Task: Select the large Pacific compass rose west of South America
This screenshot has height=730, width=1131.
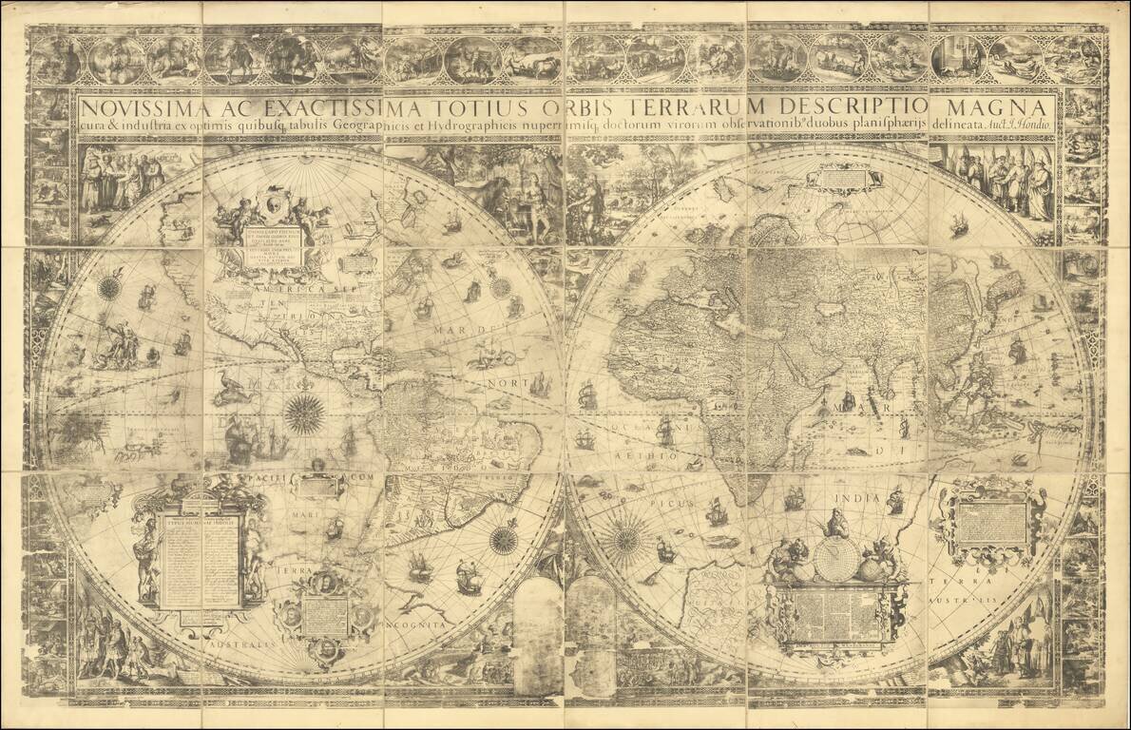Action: click(x=305, y=413)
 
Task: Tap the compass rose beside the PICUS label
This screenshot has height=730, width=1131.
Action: click(x=625, y=539)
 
